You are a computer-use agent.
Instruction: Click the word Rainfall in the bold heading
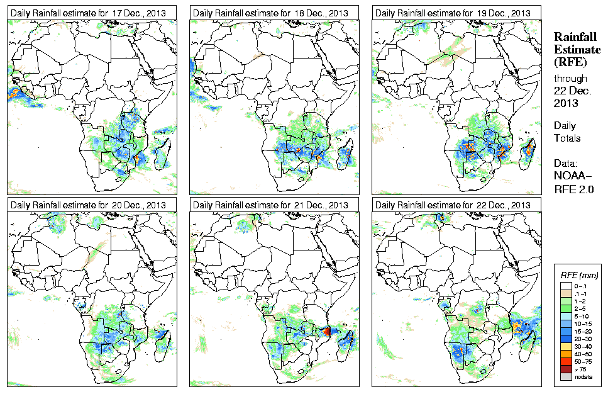coord(575,37)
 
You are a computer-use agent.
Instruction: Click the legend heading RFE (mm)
coord(579,275)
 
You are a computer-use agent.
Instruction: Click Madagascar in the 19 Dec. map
coord(530,151)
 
